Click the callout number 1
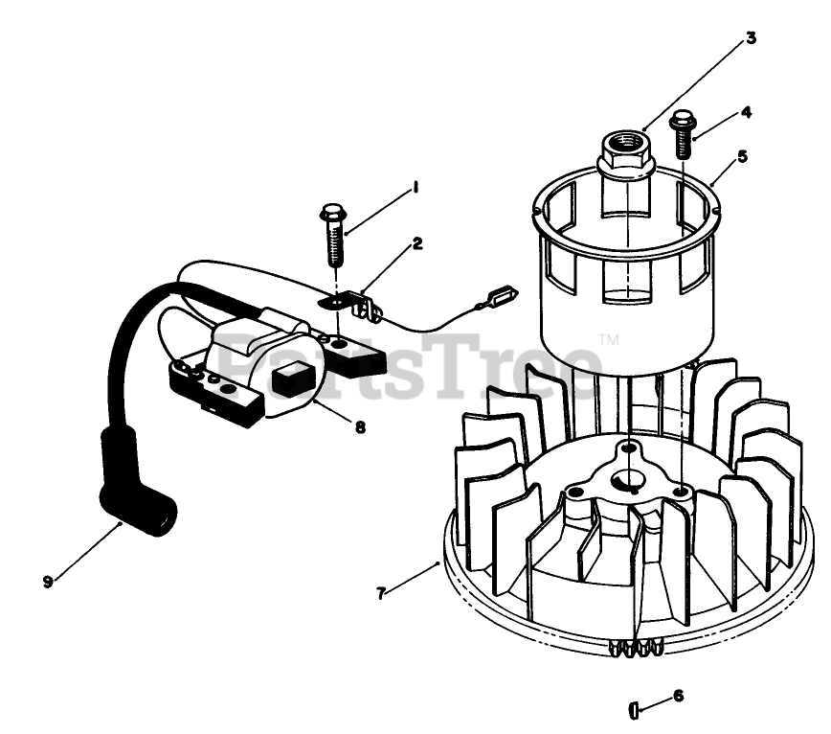click(x=415, y=188)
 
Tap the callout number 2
click(x=417, y=243)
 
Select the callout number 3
click(x=751, y=38)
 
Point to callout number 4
click(x=746, y=112)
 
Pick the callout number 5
click(x=742, y=156)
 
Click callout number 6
click(x=679, y=696)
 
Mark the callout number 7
click(x=380, y=593)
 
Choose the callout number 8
click(x=360, y=426)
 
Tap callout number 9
click(x=48, y=582)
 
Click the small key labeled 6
click(x=634, y=710)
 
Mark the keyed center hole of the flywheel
click(x=629, y=482)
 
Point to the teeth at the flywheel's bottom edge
click(x=636, y=648)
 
